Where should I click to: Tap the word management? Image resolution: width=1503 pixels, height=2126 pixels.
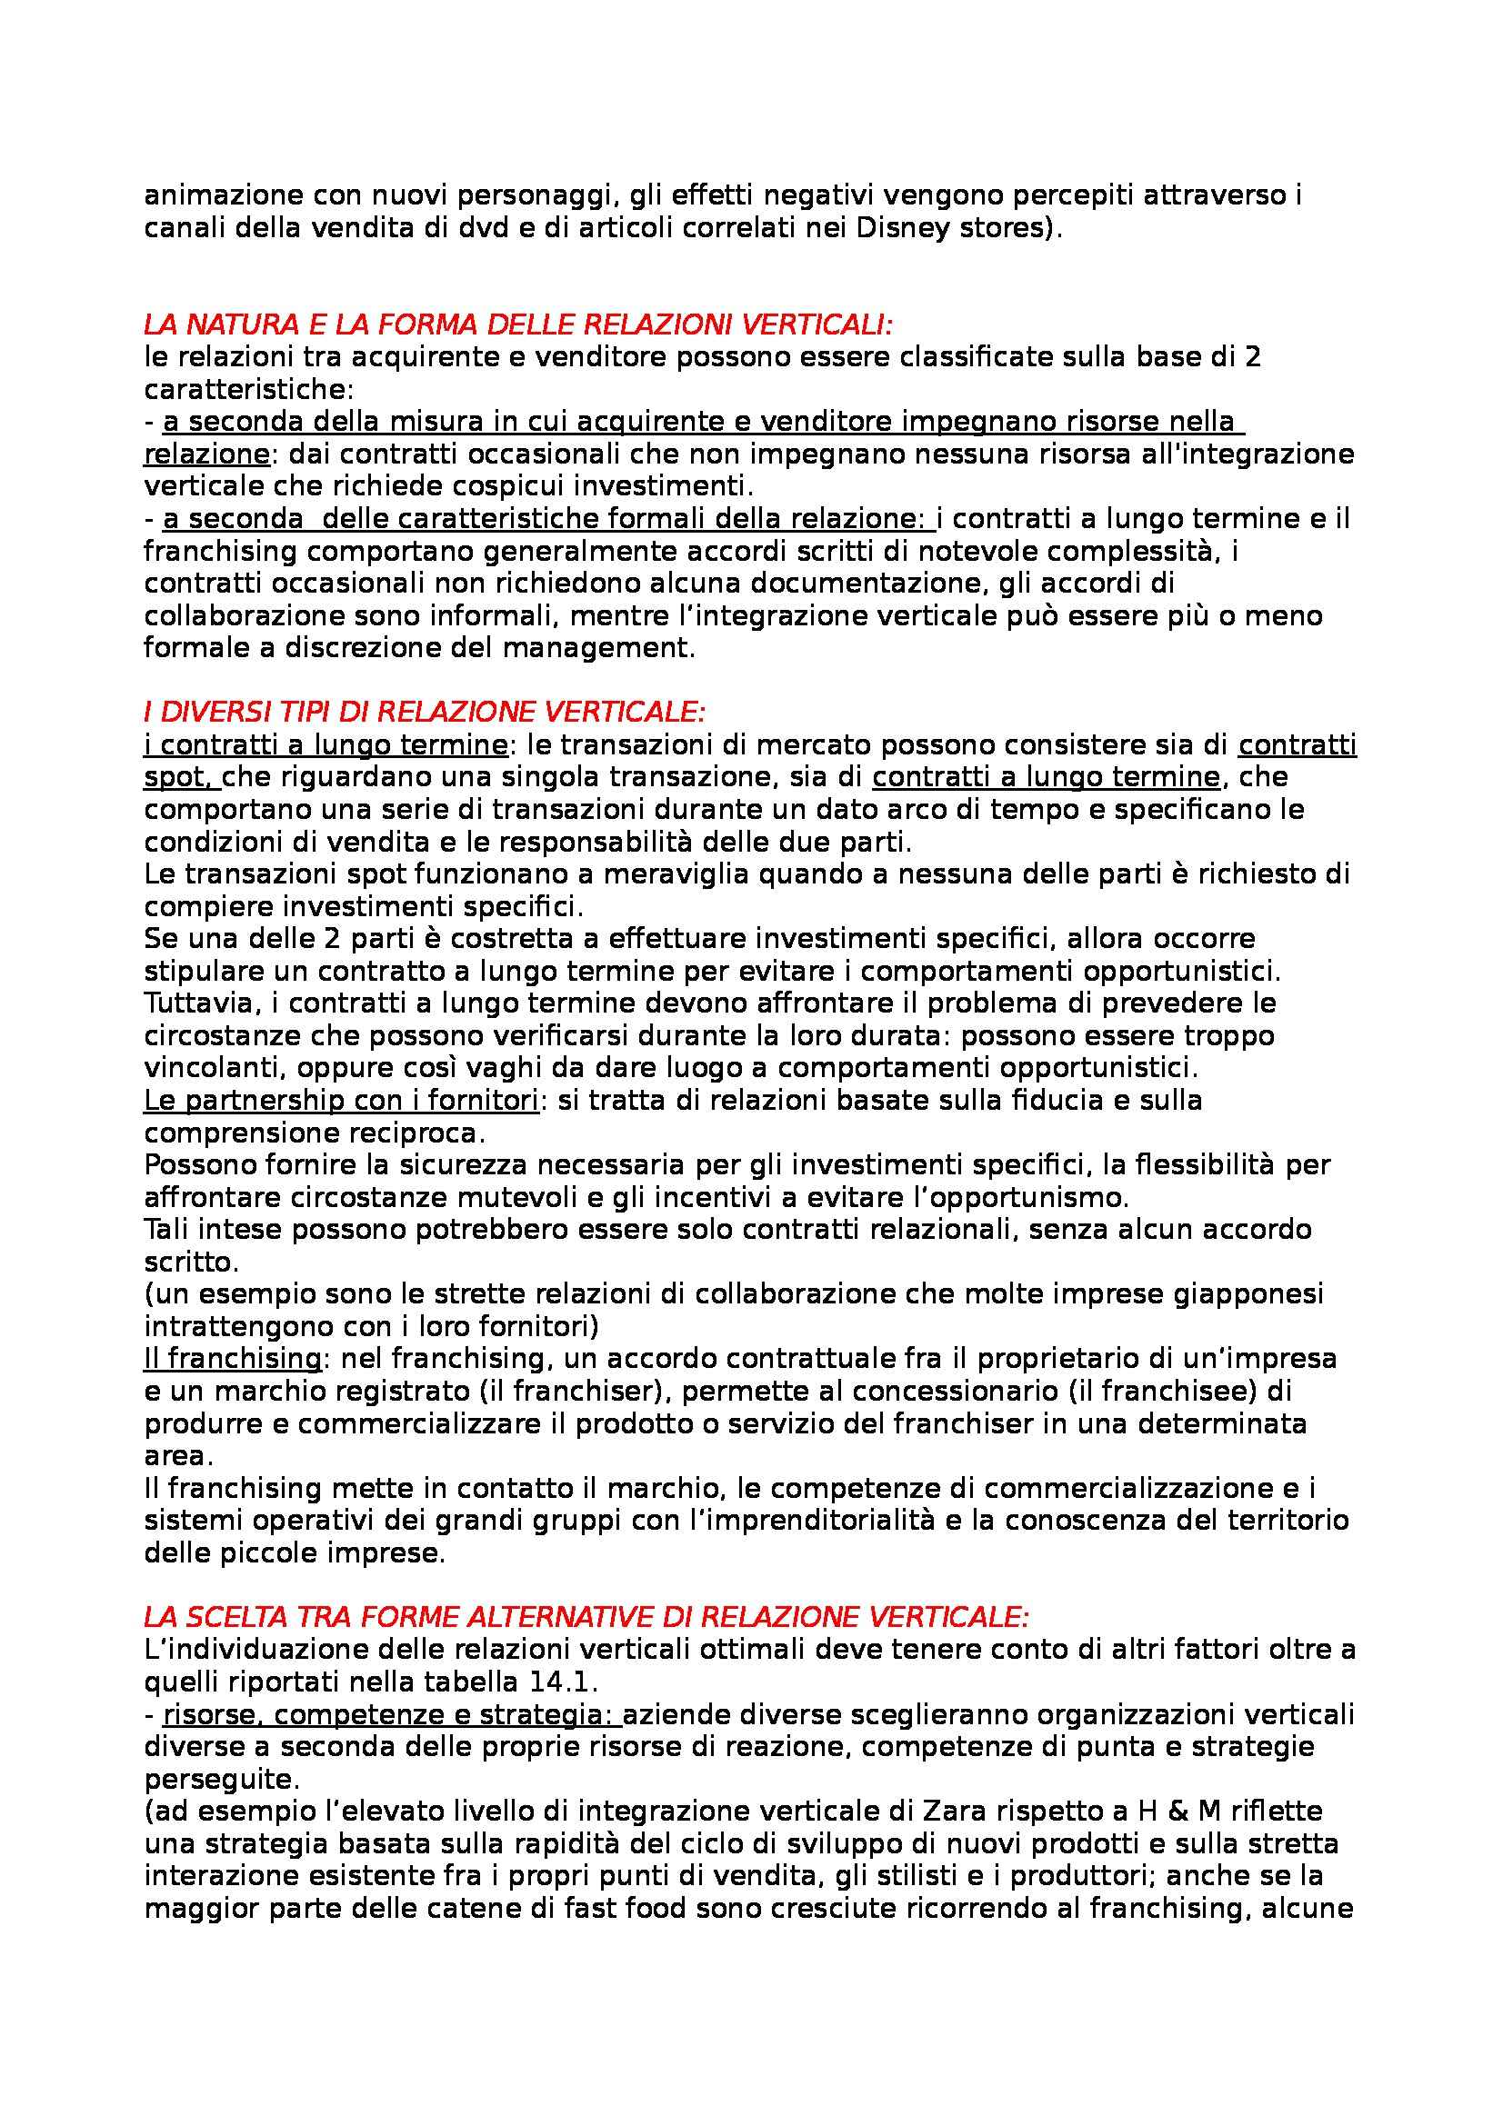click(597, 648)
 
